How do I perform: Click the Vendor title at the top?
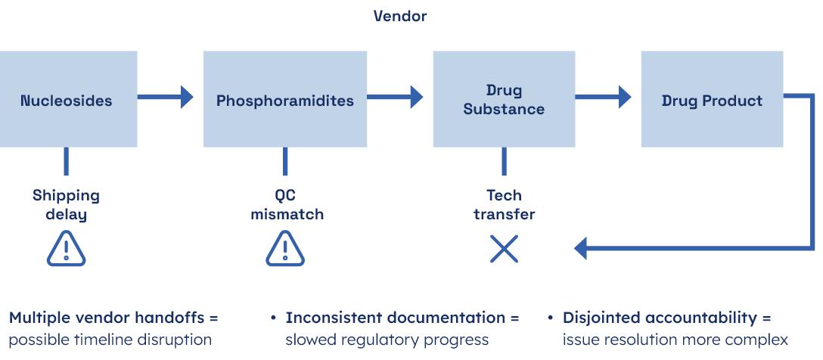click(x=399, y=16)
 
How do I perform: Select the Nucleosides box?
click(x=67, y=100)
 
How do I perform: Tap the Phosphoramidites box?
click(x=284, y=100)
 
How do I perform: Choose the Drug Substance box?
click(x=503, y=100)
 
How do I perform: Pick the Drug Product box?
click(x=712, y=100)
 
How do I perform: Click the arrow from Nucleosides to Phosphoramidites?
click(x=166, y=96)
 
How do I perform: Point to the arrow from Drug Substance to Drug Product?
click(x=604, y=96)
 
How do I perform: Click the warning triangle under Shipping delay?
click(x=67, y=249)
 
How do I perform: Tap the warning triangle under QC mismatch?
click(x=285, y=249)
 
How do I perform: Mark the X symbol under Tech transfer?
click(x=504, y=249)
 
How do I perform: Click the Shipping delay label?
click(x=66, y=205)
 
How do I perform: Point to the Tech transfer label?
click(x=504, y=205)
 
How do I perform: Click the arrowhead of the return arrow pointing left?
click(x=582, y=247)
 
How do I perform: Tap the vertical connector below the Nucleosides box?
click(x=67, y=161)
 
